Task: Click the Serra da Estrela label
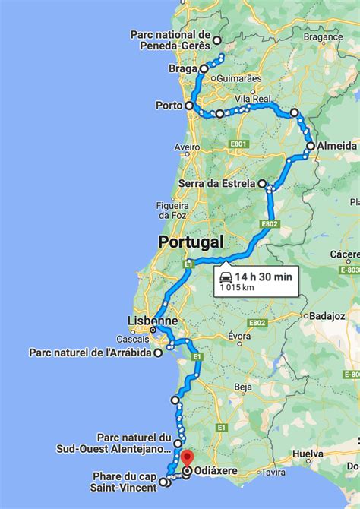tap(216, 184)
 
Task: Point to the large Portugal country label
tap(191, 242)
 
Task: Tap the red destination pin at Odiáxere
tap(186, 459)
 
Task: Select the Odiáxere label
tap(217, 472)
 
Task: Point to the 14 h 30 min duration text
tap(263, 277)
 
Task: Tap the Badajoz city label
tap(328, 316)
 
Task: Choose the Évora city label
tap(240, 336)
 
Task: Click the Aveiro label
tap(187, 147)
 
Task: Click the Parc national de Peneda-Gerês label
tap(170, 40)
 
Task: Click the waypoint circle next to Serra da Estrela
tap(262, 184)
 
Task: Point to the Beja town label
tap(243, 387)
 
